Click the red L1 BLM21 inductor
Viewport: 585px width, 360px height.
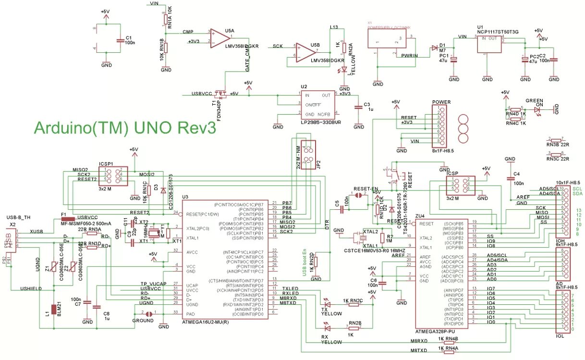53,312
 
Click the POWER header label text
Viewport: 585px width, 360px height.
441,102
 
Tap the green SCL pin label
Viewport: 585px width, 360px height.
577,189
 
